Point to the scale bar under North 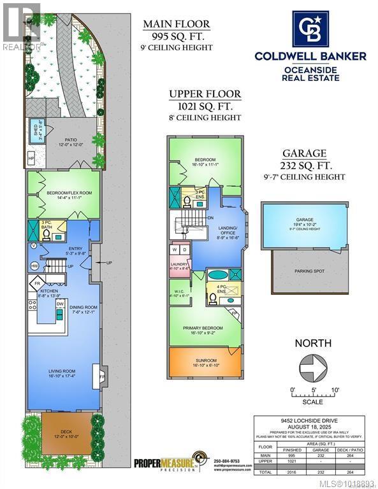pyautogui.click(x=313, y=396)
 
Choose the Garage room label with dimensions pyautogui.click(x=306, y=222)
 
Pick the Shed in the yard pyautogui.click(x=36, y=129)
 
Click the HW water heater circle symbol pyautogui.click(x=34, y=265)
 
